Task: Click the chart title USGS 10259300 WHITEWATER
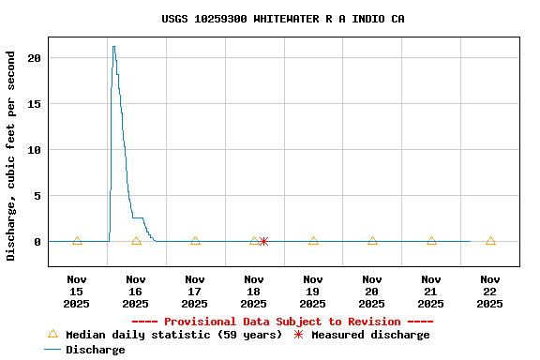269,19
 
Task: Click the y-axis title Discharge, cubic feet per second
11,156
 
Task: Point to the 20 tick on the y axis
35,58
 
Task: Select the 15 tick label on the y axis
35,104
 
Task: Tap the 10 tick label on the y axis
35,150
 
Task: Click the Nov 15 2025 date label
77,291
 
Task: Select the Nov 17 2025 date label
195,291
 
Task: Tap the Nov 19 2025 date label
313,291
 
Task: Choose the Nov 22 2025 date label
490,291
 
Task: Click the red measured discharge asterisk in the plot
263,241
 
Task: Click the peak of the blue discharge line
113,46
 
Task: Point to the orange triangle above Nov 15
77,241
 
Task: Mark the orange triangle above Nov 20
372,241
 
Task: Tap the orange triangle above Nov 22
490,241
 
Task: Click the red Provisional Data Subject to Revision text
269,322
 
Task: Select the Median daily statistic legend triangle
52,334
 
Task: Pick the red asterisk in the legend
299,335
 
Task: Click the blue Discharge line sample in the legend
52,350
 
